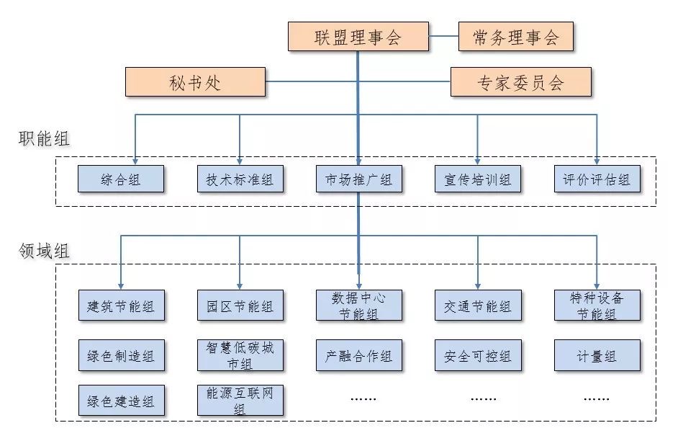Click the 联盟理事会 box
(x=358, y=37)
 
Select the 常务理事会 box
(x=515, y=37)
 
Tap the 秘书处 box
(x=195, y=82)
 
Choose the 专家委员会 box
(x=520, y=82)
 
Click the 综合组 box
(x=121, y=179)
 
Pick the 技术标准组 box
(x=240, y=179)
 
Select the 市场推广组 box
(x=358, y=179)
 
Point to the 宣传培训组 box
(x=478, y=179)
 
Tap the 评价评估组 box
(x=597, y=179)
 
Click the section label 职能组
(x=44, y=139)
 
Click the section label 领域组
(x=44, y=251)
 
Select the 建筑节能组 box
(x=121, y=306)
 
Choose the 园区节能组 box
(x=240, y=306)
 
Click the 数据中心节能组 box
(x=358, y=306)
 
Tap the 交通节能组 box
(x=478, y=306)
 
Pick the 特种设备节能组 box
(x=597, y=306)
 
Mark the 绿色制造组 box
(x=121, y=356)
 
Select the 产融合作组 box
(x=358, y=356)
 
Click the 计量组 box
(x=597, y=356)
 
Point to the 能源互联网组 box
(x=240, y=401)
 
